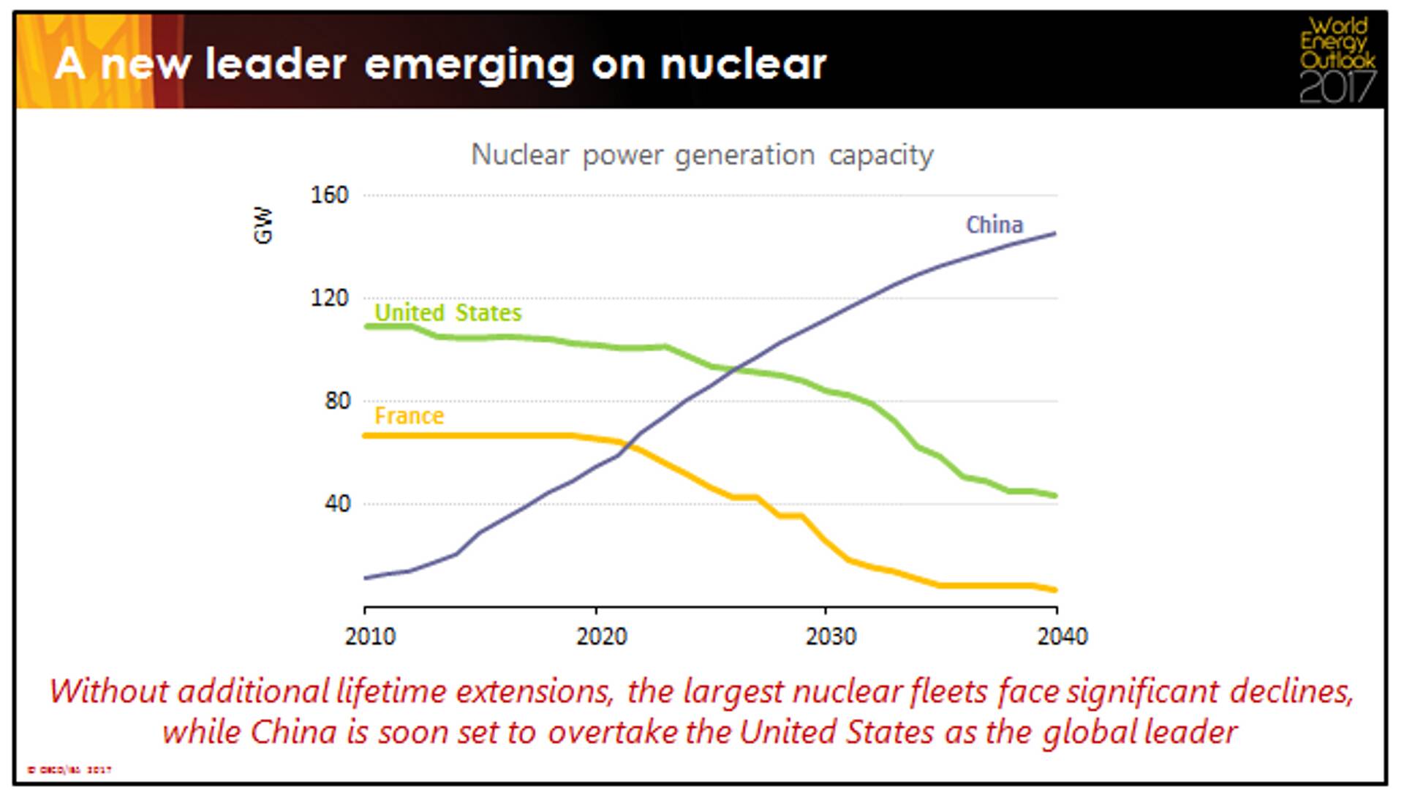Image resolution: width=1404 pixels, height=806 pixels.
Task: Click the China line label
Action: click(x=994, y=225)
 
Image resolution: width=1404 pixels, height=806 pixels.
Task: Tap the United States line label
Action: click(x=448, y=313)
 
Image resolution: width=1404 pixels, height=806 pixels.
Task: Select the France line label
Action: click(x=409, y=416)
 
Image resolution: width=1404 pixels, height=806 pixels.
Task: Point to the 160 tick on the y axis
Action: click(x=330, y=195)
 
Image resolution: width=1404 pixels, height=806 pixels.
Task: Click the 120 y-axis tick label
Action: click(x=330, y=298)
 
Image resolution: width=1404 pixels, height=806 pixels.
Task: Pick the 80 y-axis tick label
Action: click(x=337, y=401)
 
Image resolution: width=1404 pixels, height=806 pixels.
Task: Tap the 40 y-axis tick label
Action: click(x=337, y=504)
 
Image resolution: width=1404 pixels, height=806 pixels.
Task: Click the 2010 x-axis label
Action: click(x=370, y=636)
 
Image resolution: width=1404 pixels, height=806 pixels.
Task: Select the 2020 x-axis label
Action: click(x=601, y=636)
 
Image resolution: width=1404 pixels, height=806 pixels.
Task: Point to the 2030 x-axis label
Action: click(x=831, y=636)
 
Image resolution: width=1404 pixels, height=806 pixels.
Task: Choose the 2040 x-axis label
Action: click(x=1062, y=636)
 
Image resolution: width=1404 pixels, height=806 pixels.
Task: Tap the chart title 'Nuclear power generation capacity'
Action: click(x=702, y=155)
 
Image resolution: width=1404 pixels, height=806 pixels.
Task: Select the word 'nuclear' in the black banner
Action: click(x=743, y=64)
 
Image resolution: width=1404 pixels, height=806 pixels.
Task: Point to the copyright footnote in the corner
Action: click(x=69, y=769)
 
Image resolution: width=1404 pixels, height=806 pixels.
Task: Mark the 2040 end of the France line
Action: click(x=1055, y=590)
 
